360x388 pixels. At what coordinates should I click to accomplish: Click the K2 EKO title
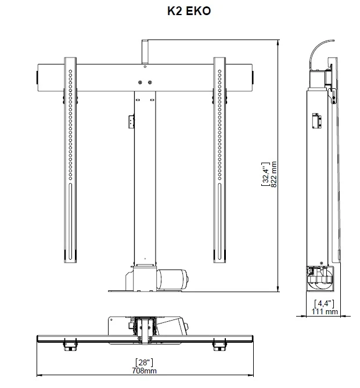point(189,11)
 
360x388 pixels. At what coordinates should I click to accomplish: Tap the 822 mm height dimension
point(273,174)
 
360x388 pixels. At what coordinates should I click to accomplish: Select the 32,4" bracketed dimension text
point(265,174)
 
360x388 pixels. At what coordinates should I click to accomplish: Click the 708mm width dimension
point(144,371)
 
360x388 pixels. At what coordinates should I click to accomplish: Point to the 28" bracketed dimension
point(144,362)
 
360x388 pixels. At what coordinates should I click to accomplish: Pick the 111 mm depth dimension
point(325,311)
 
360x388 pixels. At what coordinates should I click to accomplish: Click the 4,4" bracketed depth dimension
point(324,304)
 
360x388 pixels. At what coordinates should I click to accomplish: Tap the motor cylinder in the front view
point(172,279)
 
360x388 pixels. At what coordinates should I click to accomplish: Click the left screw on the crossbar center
point(140,82)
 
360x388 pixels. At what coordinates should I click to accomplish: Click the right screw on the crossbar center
point(150,82)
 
